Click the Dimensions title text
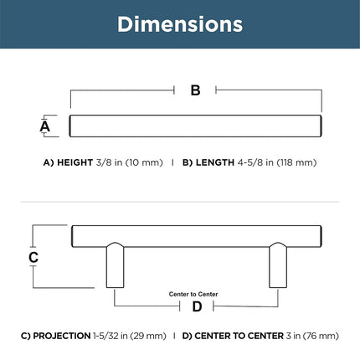[x=180, y=24]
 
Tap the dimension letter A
[x=45, y=126]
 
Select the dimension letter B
[x=195, y=90]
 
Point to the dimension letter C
[x=33, y=257]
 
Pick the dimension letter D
[x=197, y=306]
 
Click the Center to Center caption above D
[x=193, y=294]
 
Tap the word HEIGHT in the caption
[x=75, y=162]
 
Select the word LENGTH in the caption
[x=215, y=162]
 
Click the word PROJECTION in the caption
[x=62, y=336]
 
